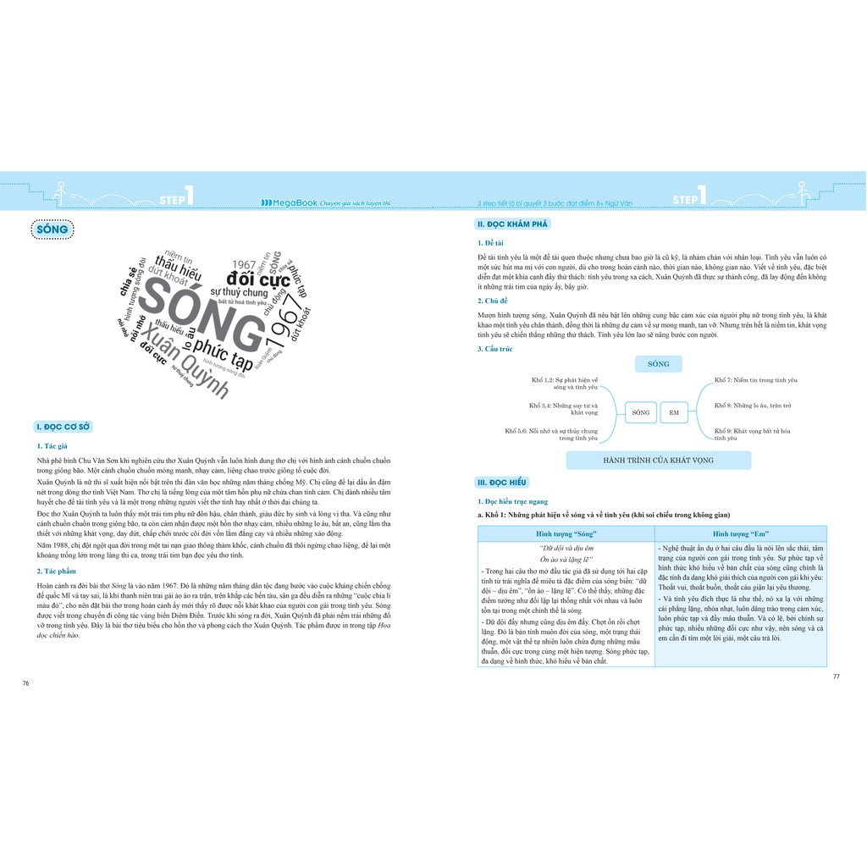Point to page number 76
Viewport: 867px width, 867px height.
26,682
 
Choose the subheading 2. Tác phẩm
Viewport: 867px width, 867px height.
57,570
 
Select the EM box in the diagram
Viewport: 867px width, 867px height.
674,412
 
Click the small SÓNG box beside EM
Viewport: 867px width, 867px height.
641,412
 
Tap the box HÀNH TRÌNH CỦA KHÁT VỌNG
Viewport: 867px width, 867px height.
658,460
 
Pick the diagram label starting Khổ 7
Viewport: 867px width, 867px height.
755,380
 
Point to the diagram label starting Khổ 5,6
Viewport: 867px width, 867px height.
551,435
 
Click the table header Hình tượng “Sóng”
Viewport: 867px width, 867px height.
566,534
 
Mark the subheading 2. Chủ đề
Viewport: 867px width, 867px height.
492,300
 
